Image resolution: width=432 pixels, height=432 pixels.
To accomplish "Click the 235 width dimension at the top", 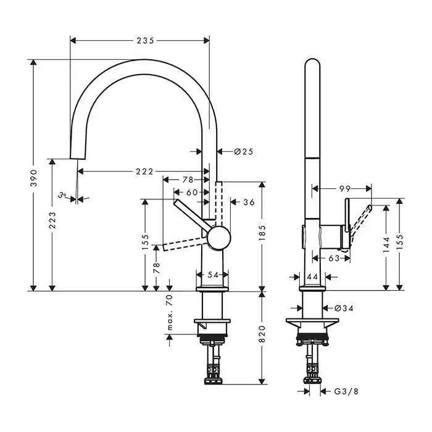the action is pos(146,41).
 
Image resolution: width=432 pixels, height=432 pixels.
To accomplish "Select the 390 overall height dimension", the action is pos(33,178).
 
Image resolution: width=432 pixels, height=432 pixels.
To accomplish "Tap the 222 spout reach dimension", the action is pos(144,172).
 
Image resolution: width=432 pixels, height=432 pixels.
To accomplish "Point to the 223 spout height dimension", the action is pos(52,220).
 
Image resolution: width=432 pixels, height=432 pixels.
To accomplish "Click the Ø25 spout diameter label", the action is pos(244,152).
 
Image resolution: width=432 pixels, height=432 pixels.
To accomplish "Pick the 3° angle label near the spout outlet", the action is pos(62,195).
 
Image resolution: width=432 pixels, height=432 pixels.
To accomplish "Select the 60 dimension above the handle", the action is pos(192,193).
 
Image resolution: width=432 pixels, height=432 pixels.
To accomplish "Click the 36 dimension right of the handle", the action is pos(249,202).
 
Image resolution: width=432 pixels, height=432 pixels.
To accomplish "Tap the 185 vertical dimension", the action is pos(262,233).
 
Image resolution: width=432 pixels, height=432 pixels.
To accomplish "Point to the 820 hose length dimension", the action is pos(262,334).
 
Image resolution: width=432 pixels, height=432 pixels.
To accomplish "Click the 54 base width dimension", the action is pos(213,275).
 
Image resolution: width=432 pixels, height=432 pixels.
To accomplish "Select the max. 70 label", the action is pos(170,312).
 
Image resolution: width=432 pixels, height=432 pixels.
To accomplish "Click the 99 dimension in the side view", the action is pos(345,189).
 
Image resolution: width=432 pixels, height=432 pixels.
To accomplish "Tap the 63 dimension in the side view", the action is pos(334,259).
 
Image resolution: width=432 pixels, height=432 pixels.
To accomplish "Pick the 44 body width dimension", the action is pos(312,276).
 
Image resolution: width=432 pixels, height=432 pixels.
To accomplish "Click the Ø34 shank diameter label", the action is pos(344,309).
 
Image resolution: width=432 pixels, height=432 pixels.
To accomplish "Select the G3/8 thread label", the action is pos(346,391).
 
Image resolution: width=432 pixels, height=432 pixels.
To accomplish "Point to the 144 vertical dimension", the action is pos(386,244).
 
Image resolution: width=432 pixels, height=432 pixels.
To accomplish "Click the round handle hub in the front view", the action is pos(218,238).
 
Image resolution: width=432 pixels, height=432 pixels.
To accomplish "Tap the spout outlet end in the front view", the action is pos(78,159).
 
